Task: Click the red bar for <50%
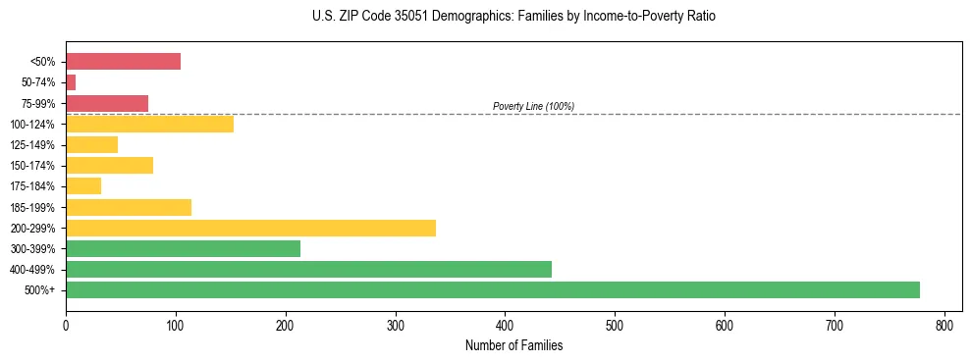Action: pyautogui.click(x=123, y=62)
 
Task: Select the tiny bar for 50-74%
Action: pyautogui.click(x=71, y=82)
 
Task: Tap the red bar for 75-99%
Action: pyautogui.click(x=107, y=103)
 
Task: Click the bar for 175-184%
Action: pyautogui.click(x=83, y=186)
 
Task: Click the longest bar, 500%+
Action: pyautogui.click(x=492, y=290)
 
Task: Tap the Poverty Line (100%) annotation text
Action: pyautogui.click(x=533, y=106)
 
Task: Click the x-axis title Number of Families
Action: pyautogui.click(x=513, y=345)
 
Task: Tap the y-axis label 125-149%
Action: pyautogui.click(x=32, y=145)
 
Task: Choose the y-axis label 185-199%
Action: pyautogui.click(x=32, y=207)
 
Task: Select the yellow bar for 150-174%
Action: pyautogui.click(x=109, y=166)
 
